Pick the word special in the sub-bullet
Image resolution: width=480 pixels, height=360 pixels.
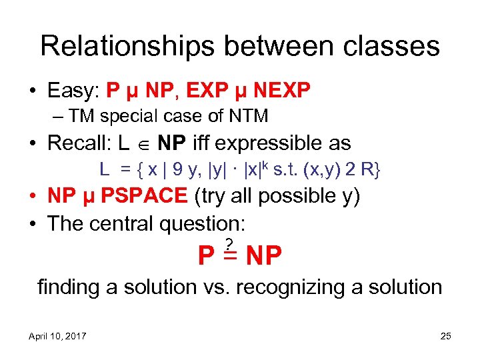[x=126, y=117]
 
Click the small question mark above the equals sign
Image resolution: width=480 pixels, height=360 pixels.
[x=229, y=243]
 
